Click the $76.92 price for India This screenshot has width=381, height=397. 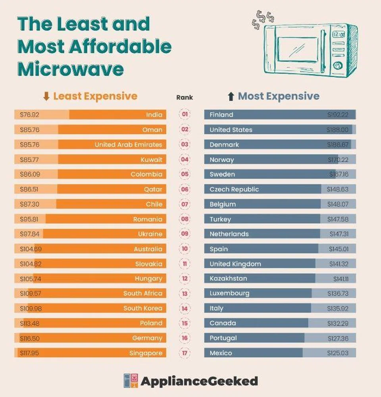click(x=30, y=115)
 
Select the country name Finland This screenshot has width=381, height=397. click(x=221, y=115)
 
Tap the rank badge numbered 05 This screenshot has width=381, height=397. click(x=185, y=174)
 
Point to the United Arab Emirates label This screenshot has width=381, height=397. click(x=128, y=145)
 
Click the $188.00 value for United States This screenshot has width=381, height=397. click(x=337, y=130)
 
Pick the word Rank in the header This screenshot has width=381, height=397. click(x=185, y=97)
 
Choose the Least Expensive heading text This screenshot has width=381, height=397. click(x=95, y=96)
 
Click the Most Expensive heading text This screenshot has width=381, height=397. click(x=278, y=96)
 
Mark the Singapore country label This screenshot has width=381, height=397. click(x=146, y=353)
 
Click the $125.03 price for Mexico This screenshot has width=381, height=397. click(x=338, y=353)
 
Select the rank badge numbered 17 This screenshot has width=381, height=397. click(x=185, y=353)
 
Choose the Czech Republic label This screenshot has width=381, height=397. click(x=234, y=189)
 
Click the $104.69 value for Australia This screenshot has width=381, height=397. click(x=31, y=249)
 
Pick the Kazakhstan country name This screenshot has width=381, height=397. click(x=228, y=279)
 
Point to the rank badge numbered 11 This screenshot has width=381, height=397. click(x=185, y=264)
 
